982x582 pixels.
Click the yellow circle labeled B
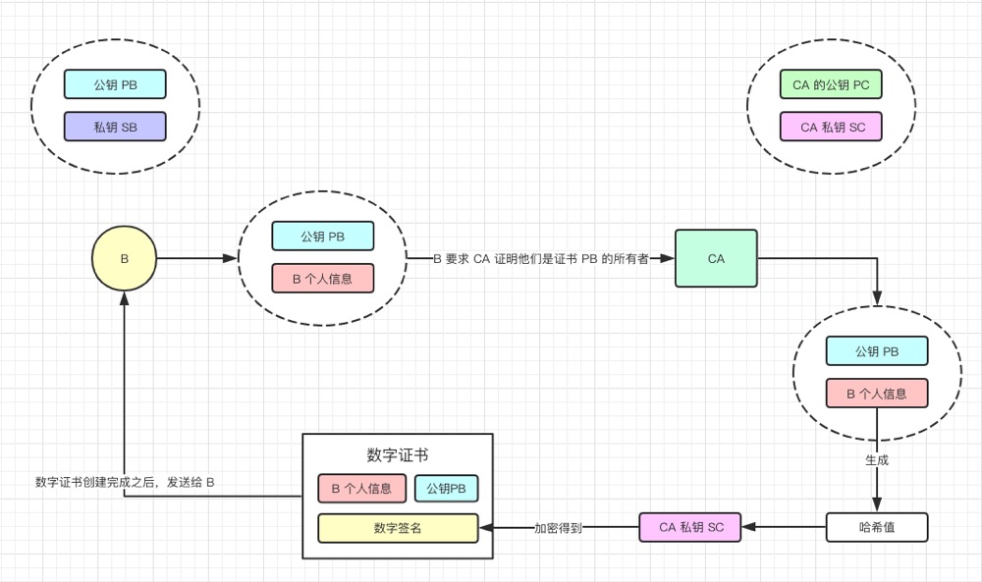[x=125, y=259]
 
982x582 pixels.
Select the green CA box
[x=716, y=258]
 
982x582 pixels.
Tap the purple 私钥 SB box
[x=115, y=127]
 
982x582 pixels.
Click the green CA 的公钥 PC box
[x=831, y=85]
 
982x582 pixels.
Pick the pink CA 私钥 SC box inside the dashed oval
[x=831, y=127]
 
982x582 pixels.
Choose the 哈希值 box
[x=878, y=527]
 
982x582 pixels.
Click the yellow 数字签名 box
[x=397, y=528]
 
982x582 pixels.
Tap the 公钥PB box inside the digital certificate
[x=446, y=488]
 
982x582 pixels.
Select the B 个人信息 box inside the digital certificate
[x=361, y=488]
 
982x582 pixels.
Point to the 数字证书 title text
[x=397, y=455]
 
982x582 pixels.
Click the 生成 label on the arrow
[x=877, y=459]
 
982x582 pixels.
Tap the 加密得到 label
[x=558, y=528]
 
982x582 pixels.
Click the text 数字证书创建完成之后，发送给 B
[x=125, y=482]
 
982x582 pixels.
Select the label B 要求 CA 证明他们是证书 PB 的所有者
[x=540, y=259]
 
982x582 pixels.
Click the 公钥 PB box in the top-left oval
[x=115, y=85]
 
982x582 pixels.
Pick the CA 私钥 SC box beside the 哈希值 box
[x=691, y=527]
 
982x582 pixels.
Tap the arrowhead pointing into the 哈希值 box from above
[x=877, y=506]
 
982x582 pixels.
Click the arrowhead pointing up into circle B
[x=125, y=299]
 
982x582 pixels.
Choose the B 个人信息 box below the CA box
[x=878, y=394]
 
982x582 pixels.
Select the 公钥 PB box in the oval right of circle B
[x=322, y=237]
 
